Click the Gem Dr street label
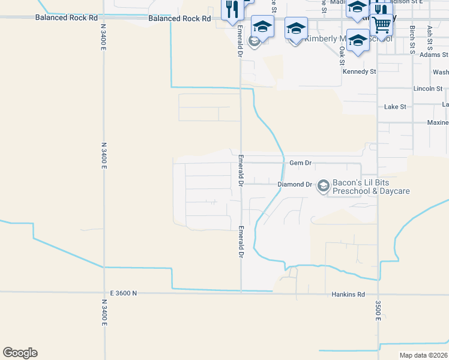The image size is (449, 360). (301, 163)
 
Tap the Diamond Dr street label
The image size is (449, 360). (295, 184)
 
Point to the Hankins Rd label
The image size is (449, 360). (348, 295)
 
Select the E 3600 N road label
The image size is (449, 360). (124, 293)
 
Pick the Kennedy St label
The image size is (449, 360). (359, 71)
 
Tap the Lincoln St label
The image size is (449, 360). (428, 89)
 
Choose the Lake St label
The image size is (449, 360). (395, 107)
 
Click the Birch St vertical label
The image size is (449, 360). (412, 40)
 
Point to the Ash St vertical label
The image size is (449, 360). (430, 38)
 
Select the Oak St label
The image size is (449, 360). (342, 56)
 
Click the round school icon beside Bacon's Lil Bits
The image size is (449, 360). (324, 186)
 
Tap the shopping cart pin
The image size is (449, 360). (381, 25)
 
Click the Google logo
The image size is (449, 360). (20, 353)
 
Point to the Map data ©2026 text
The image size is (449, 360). (423, 355)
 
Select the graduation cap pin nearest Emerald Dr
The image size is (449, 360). (262, 26)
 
